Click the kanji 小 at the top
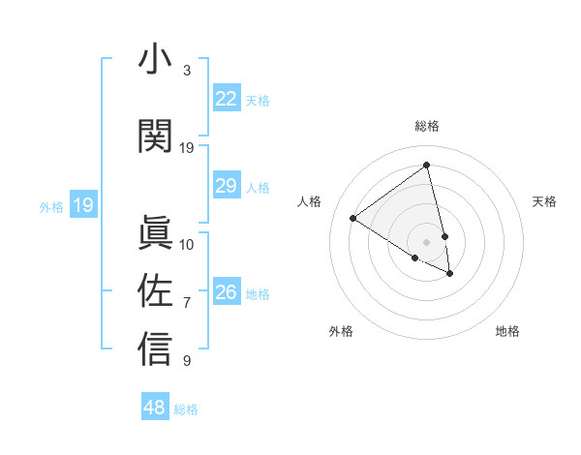click(155, 60)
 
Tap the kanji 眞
click(155, 232)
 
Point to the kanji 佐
click(155, 290)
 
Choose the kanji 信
click(155, 349)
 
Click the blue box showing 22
click(226, 99)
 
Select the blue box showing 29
click(226, 186)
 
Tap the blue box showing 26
click(226, 292)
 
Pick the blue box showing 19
click(82, 205)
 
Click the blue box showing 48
click(154, 408)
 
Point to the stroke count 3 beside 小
click(187, 71)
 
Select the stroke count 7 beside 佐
click(187, 303)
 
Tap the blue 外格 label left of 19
click(50, 206)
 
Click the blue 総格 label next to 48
click(186, 409)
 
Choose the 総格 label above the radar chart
click(426, 126)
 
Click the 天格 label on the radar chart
click(544, 201)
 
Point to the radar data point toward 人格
click(353, 219)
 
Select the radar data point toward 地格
click(450, 274)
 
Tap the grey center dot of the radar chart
click(426, 242)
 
